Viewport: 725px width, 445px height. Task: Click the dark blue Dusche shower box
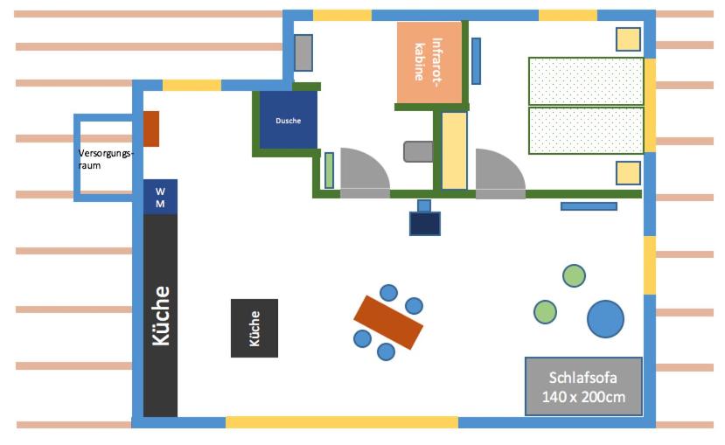click(x=288, y=120)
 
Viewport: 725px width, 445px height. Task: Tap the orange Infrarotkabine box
click(x=429, y=62)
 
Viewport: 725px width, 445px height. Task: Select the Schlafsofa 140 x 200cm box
click(x=583, y=386)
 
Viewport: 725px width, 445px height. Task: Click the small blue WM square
click(x=160, y=198)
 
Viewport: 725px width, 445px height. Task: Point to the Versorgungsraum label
click(x=106, y=159)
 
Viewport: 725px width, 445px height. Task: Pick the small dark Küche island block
click(x=254, y=328)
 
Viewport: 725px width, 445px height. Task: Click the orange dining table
click(x=388, y=323)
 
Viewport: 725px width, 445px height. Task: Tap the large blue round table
click(x=605, y=318)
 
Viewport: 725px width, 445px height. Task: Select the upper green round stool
click(x=574, y=276)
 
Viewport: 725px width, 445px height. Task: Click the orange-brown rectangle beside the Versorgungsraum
click(x=151, y=129)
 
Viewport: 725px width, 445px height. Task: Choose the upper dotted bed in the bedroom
click(x=586, y=81)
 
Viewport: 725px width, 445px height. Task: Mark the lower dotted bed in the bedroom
click(x=586, y=130)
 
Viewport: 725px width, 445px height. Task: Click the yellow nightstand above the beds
click(x=628, y=39)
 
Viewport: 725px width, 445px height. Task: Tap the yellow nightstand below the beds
click(x=628, y=173)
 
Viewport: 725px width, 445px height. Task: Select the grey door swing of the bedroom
click(x=500, y=173)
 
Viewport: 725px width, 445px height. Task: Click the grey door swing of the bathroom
click(x=365, y=173)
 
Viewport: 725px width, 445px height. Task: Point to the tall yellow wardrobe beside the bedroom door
click(x=454, y=150)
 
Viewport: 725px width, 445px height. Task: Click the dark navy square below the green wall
click(x=425, y=224)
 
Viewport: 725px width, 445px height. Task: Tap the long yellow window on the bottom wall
click(x=342, y=422)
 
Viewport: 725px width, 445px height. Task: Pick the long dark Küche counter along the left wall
click(x=160, y=316)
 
